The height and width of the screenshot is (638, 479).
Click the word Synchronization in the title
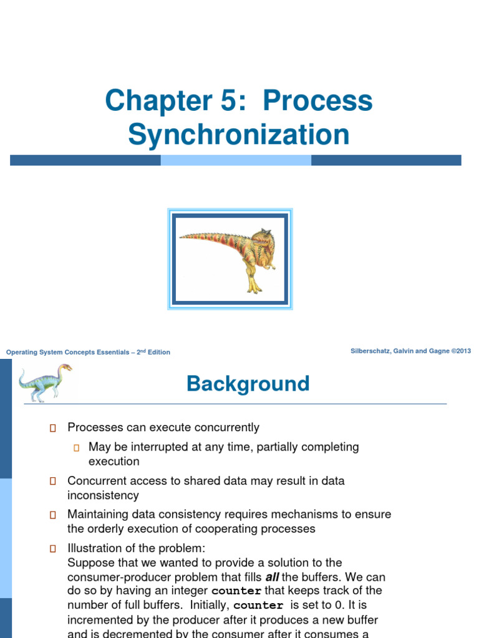239,135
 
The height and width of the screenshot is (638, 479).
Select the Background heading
248,384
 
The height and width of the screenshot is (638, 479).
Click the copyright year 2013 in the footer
463,351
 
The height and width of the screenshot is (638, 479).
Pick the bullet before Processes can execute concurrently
53,428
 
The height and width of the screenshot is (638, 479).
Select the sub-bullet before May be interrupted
77,447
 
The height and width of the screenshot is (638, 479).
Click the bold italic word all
272,577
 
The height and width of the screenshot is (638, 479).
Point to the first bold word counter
236,591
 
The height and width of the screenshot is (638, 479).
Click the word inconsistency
103,495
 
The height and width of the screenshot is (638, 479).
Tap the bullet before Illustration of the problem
53,549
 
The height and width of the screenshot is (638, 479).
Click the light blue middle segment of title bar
236,160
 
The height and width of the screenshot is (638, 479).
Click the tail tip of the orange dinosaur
181,236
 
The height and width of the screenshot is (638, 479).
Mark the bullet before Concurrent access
53,481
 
